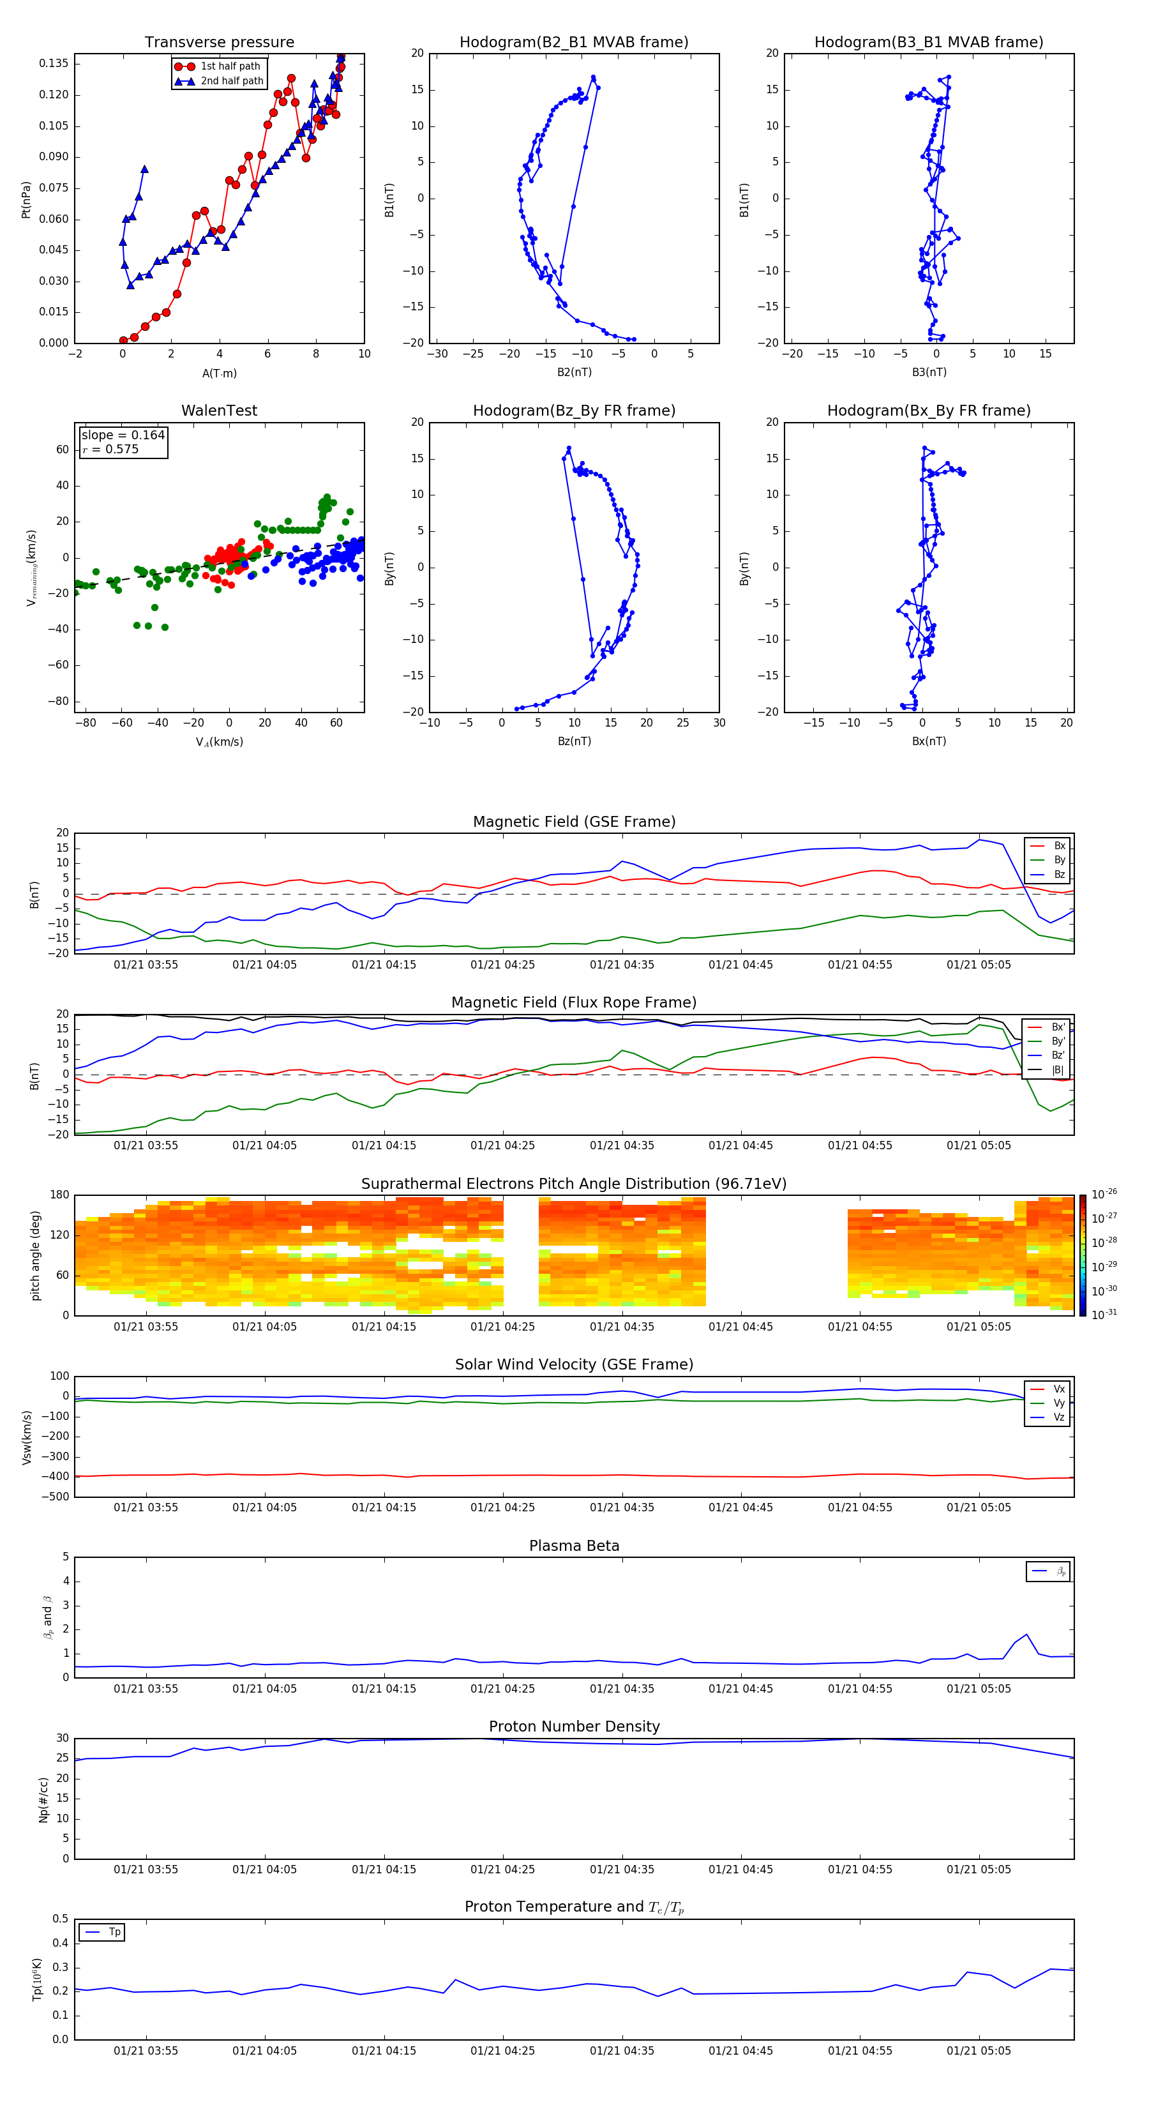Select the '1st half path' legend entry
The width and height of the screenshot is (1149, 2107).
click(x=230, y=66)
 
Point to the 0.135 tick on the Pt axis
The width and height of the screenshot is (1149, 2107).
click(x=54, y=64)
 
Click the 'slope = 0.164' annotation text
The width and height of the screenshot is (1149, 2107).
click(x=123, y=435)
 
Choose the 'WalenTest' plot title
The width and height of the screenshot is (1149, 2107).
click(x=219, y=411)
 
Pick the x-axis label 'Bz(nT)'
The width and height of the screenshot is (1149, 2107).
click(x=574, y=741)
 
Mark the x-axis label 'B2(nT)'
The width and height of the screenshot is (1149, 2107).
click(x=574, y=372)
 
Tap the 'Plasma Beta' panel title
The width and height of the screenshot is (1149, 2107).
click(x=574, y=1546)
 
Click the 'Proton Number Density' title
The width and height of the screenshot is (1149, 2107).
click(x=574, y=1726)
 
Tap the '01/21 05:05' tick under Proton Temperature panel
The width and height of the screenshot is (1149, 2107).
click(x=978, y=2051)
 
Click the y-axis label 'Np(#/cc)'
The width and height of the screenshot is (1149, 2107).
click(x=43, y=1799)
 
